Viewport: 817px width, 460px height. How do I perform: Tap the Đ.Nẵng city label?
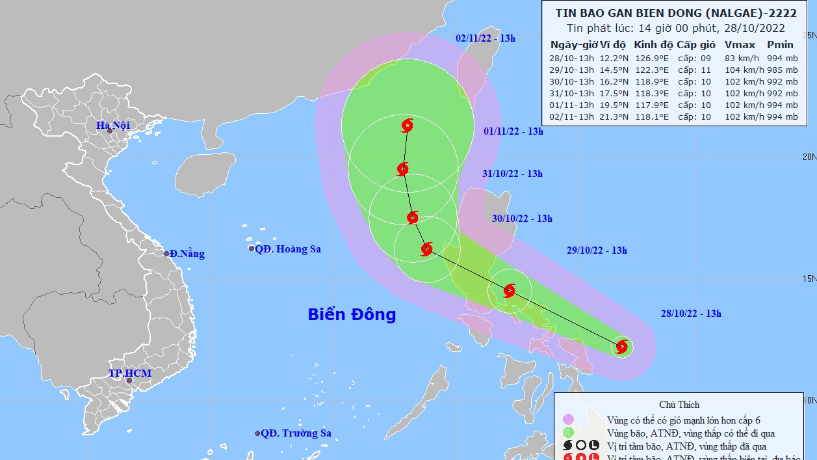pos(187,254)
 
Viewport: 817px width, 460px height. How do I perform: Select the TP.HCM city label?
pos(130,373)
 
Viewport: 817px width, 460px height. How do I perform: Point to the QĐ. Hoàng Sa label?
pos(287,249)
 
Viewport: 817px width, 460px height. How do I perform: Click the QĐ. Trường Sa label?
pos(296,433)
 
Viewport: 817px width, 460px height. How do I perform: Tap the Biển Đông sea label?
pos(352,314)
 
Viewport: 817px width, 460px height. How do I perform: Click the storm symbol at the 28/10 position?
pos(622,347)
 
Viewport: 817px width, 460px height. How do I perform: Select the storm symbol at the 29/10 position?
pos(510,290)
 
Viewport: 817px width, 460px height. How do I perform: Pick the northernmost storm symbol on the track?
pos(408,125)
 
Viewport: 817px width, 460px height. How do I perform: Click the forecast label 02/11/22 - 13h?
pos(486,38)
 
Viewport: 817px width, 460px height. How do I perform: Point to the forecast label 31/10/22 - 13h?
pos(513,174)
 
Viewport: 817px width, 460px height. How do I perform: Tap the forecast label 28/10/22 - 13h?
pos(691,314)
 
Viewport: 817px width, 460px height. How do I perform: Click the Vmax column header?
pos(740,45)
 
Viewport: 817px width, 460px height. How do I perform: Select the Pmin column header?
pos(780,45)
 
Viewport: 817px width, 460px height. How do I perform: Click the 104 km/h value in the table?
pos(740,70)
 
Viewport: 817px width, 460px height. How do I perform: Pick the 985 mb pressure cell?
pos(781,70)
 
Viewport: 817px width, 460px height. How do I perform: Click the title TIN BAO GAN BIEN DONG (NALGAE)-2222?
pos(676,13)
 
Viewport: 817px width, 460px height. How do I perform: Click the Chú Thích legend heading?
pos(679,405)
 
